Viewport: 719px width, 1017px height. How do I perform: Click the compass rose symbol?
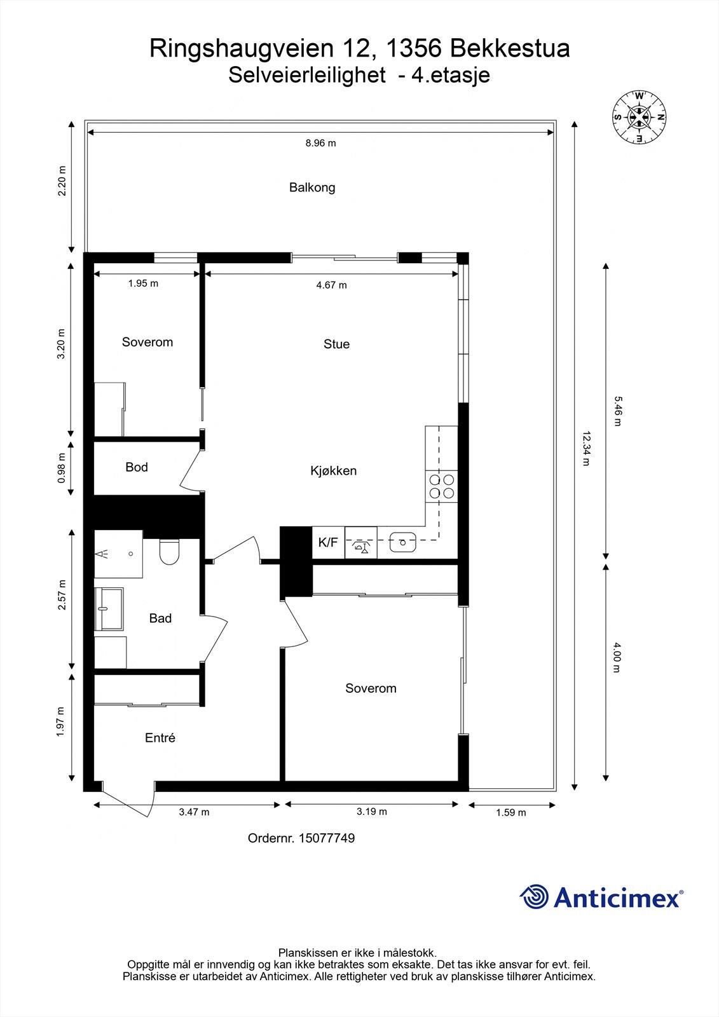click(639, 118)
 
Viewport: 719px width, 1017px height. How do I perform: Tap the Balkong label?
click(312, 188)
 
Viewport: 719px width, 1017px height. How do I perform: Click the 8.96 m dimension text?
click(320, 143)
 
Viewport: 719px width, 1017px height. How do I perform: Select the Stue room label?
click(336, 344)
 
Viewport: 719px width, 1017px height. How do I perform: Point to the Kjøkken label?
click(333, 471)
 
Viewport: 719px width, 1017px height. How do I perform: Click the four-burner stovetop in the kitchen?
click(441, 486)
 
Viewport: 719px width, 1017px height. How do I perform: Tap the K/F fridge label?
click(328, 543)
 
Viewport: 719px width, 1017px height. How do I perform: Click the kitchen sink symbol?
click(403, 543)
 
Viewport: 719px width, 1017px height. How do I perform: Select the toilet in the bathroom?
click(170, 551)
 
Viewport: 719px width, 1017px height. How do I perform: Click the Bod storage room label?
click(137, 467)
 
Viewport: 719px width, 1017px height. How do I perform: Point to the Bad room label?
click(160, 618)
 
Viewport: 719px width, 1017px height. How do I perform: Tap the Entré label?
click(160, 738)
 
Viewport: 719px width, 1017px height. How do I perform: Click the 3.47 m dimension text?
click(194, 812)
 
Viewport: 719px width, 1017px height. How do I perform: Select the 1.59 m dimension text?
click(510, 812)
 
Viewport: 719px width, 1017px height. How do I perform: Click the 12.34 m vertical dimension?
click(585, 449)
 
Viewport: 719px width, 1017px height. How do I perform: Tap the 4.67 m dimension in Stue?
click(331, 285)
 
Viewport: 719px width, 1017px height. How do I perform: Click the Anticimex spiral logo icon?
click(534, 897)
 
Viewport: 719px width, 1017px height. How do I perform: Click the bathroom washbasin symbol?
click(108, 608)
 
